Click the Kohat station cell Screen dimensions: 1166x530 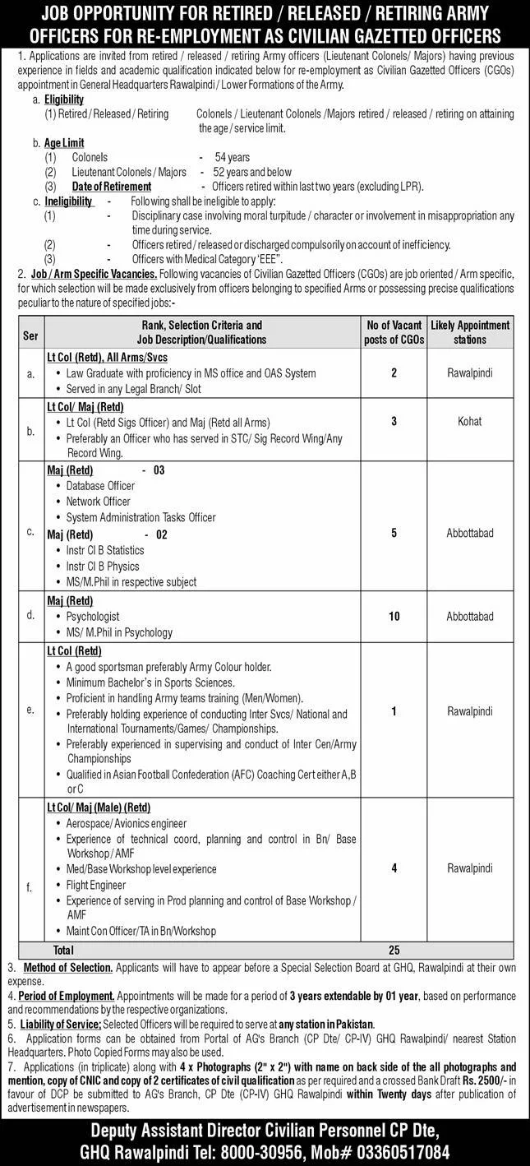[x=471, y=421]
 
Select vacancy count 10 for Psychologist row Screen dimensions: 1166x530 [x=394, y=616]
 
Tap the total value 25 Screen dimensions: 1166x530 [x=394, y=950]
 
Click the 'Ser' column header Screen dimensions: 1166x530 [x=30, y=331]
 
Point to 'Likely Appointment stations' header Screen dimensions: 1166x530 [x=471, y=331]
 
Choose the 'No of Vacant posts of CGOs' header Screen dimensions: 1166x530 [x=394, y=331]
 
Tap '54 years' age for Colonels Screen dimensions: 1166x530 [x=233, y=156]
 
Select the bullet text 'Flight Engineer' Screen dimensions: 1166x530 [x=96, y=885]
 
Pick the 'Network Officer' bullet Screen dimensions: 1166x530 [x=99, y=501]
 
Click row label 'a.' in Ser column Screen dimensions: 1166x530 [x=31, y=373]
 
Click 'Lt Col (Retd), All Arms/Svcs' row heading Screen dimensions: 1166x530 [x=107, y=358]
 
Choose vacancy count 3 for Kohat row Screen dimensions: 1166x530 [x=394, y=421]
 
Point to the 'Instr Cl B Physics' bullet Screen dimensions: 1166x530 [x=103, y=566]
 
